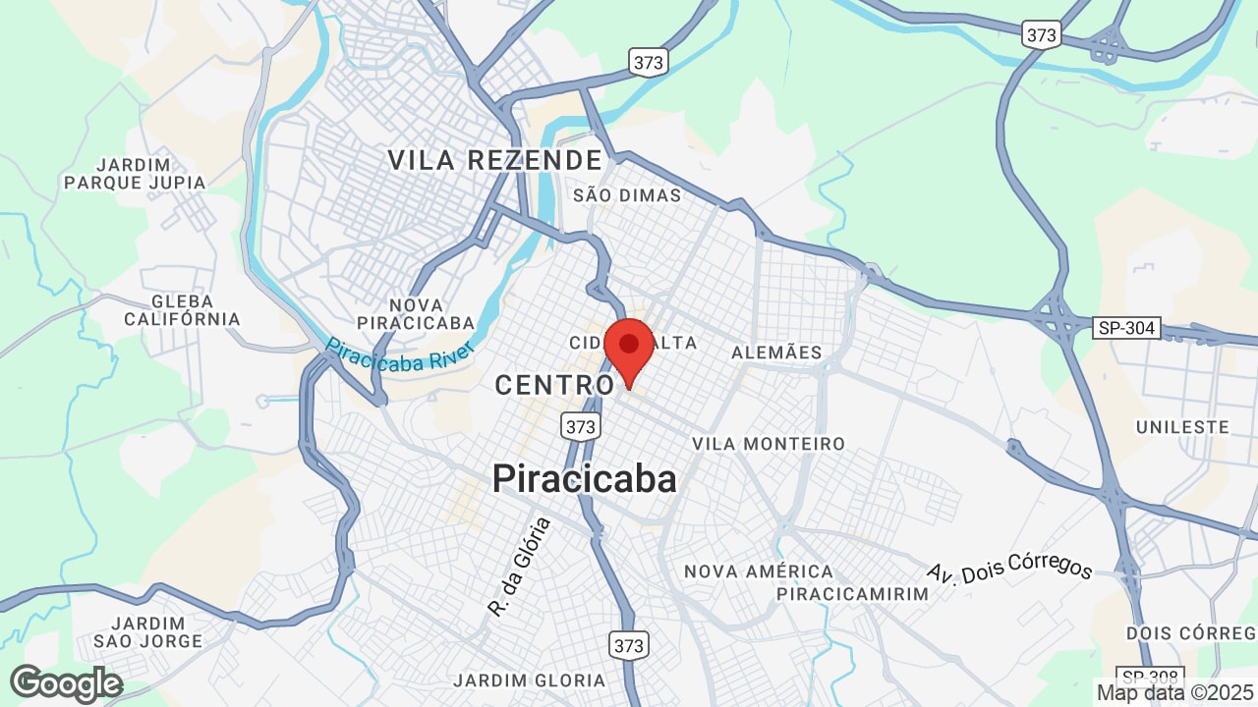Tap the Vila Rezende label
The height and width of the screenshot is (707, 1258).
tap(494, 160)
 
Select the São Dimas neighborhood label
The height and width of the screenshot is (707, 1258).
tap(627, 195)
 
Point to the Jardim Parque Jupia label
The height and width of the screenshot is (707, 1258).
tap(135, 173)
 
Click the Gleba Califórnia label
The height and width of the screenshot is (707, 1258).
tap(182, 310)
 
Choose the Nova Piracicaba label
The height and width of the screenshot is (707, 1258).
tap(416, 313)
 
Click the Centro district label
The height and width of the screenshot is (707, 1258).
tap(555, 385)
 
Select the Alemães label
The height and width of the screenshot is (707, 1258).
tap(776, 352)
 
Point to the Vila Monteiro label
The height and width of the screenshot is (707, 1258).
tap(769, 444)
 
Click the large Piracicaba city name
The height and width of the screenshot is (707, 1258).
tap(584, 479)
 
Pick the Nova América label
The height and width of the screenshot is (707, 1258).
tap(759, 571)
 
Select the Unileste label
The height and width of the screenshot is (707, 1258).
tap(1182, 427)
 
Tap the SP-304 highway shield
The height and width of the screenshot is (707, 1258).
tap(1126, 328)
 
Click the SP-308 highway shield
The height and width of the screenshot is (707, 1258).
tap(1151, 677)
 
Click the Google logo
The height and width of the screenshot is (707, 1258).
tap(66, 683)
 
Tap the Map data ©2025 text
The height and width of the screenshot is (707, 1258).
tap(1175, 692)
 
